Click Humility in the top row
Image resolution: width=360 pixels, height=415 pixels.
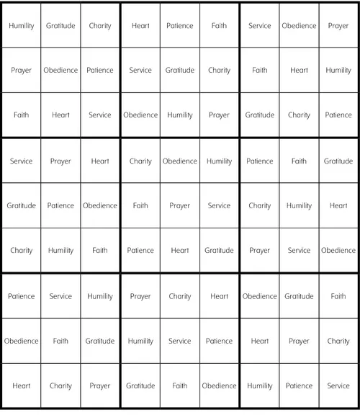click(21, 26)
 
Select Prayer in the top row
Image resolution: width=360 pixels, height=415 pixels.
click(338, 26)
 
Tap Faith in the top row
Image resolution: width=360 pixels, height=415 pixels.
click(220, 26)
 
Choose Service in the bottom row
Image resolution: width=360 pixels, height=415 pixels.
click(338, 386)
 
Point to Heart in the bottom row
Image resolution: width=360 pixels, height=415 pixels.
click(21, 386)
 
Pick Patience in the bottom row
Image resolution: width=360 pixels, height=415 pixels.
click(299, 386)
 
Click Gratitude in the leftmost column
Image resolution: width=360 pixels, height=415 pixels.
click(21, 206)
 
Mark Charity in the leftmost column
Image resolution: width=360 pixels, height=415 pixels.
click(21, 251)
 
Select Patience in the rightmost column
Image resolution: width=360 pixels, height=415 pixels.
click(338, 115)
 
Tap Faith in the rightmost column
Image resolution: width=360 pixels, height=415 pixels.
click(338, 296)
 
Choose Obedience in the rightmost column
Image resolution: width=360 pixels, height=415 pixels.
click(338, 251)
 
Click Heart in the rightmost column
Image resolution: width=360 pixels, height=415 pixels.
click(338, 206)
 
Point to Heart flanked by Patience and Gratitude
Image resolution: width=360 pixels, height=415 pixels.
click(180, 251)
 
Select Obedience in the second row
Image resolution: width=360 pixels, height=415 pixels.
click(60, 71)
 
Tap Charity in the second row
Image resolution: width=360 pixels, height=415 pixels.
click(220, 71)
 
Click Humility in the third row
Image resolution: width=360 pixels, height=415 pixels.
click(180, 115)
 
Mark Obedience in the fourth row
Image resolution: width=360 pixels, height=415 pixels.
click(180, 161)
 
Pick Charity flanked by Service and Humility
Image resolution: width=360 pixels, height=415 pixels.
click(259, 206)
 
